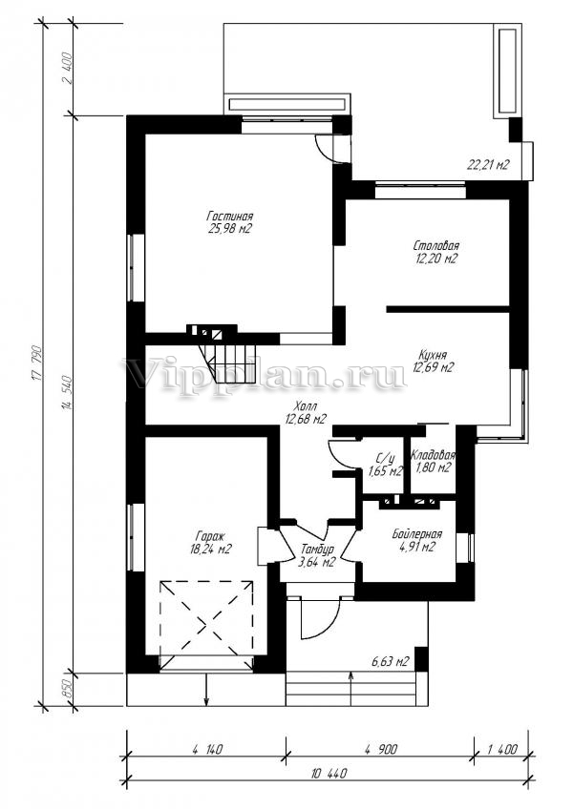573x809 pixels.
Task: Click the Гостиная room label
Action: (230, 216)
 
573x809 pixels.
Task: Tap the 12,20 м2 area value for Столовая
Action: (436, 259)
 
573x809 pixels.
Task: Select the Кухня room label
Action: (433, 356)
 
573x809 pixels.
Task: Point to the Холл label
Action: (305, 407)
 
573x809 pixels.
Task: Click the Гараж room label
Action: (210, 536)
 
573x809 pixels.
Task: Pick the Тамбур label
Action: (317, 550)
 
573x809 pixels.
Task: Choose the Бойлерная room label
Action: (416, 534)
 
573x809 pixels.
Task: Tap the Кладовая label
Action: (433, 455)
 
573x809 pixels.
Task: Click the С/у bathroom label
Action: (385, 458)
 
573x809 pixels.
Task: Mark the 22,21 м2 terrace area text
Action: (488, 165)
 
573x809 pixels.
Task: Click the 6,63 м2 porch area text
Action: (391, 661)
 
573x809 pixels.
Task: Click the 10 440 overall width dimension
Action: (329, 774)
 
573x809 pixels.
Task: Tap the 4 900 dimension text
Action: (380, 749)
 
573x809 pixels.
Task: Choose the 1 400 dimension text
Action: (501, 749)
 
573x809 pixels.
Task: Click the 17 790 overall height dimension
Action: (37, 363)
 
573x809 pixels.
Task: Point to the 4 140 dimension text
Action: (206, 749)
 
